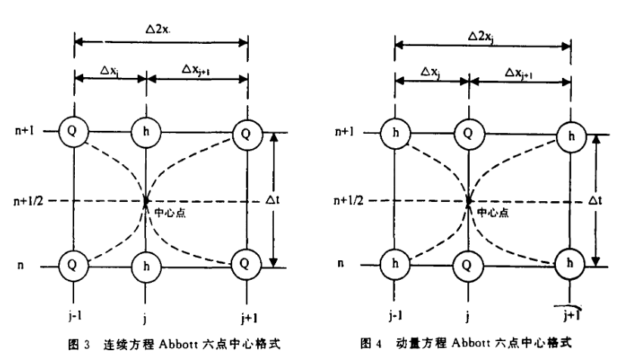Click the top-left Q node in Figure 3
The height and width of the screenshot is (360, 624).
73,132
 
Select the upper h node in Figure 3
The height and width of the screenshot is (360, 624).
146,132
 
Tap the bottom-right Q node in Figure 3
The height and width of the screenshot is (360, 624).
247,264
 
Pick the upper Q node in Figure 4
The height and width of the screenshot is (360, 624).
469,133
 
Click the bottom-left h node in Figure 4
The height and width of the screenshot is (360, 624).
395,264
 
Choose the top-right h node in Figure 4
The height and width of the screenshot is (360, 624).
571,136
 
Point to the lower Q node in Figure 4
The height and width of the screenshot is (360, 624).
468,265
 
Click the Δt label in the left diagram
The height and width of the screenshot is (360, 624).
272,200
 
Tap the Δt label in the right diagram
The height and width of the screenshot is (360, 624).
595,200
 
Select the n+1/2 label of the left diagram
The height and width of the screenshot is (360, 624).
29,201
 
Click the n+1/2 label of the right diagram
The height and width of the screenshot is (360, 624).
349,200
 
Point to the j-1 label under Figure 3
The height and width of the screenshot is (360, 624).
74,316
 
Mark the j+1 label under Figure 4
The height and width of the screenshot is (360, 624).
571,316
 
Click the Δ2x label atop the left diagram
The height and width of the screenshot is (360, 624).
157,29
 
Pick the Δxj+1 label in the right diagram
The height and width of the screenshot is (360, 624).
519,73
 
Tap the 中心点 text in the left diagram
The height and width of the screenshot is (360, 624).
170,213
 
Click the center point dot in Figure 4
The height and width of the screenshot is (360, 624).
469,201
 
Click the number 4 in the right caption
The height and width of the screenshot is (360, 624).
378,343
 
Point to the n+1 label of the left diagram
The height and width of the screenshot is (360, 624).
25,131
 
